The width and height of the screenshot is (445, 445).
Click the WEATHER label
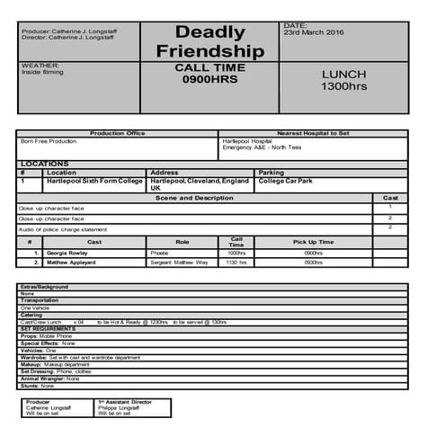[40, 65]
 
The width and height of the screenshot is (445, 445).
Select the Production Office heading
[117, 133]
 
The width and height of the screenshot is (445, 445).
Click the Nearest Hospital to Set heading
[313, 133]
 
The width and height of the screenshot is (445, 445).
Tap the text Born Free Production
[49, 141]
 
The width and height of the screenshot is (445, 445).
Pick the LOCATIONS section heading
[45, 164]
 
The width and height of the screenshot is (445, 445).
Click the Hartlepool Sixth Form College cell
[94, 181]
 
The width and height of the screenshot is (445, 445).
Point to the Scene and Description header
[194, 198]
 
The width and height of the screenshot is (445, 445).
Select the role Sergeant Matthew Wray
[179, 263]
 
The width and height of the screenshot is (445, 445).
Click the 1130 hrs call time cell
[236, 263]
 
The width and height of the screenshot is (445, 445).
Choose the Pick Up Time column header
[313, 242]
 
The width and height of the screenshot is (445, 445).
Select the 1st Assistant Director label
[125, 402]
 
